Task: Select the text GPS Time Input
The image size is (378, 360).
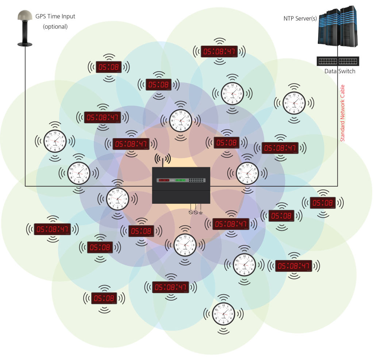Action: tap(55, 16)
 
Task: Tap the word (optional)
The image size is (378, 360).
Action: tap(55, 27)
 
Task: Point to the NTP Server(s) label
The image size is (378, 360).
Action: tap(300, 18)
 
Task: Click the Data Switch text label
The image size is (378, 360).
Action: tap(340, 71)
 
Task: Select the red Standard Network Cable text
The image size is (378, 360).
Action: tap(343, 113)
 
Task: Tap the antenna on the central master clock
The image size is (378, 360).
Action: tap(163, 160)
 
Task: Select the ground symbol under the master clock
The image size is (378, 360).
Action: tap(201, 212)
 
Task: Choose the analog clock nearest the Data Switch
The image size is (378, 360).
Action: tap(294, 103)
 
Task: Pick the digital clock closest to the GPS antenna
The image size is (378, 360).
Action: tap(109, 67)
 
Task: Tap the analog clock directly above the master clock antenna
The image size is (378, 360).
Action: tap(181, 120)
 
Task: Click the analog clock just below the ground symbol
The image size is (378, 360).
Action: tap(185, 244)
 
